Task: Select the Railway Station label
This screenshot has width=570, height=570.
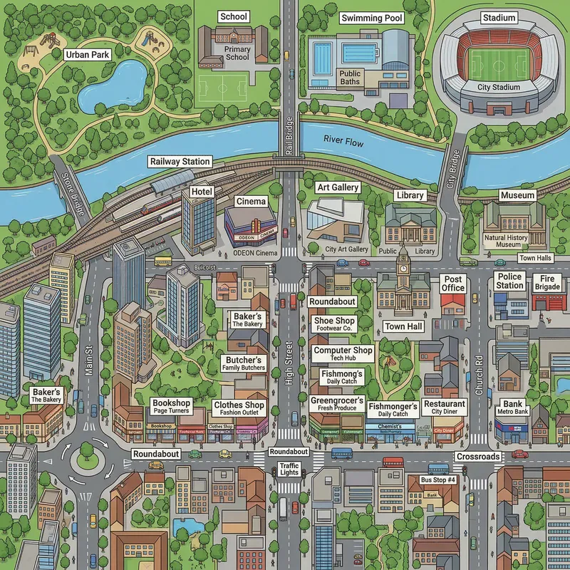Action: (x=180, y=162)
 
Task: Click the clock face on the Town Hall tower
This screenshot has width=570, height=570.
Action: (x=403, y=269)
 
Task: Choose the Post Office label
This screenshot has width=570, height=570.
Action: (x=453, y=284)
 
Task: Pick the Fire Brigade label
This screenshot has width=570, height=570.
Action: (x=547, y=282)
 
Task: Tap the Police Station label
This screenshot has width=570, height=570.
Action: (x=509, y=281)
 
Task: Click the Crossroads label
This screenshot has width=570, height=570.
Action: (x=478, y=457)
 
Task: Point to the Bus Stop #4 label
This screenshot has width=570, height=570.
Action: (x=437, y=480)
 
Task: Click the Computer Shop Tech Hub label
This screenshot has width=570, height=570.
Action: (x=343, y=353)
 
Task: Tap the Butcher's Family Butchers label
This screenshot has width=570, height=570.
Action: (x=245, y=363)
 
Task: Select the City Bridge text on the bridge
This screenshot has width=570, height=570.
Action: (x=452, y=168)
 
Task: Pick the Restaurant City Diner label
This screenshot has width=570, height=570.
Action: (x=444, y=407)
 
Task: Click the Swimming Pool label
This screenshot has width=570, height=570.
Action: (x=371, y=18)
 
